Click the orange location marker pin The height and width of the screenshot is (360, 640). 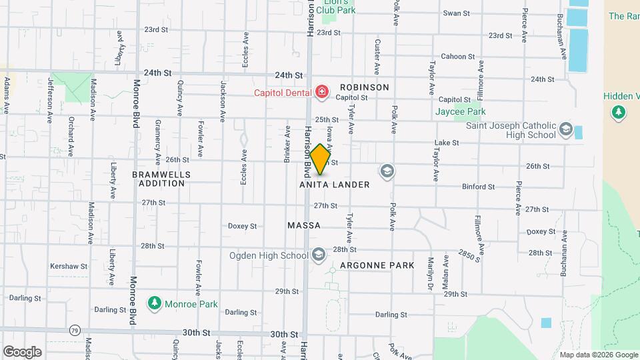pyautogui.click(x=321, y=159)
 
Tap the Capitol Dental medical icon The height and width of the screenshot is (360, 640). pyautogui.click(x=322, y=91)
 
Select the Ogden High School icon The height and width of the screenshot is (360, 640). pyautogui.click(x=319, y=255)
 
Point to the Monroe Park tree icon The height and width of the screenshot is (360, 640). pyautogui.click(x=155, y=303)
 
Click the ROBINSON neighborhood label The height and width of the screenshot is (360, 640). pyautogui.click(x=364, y=87)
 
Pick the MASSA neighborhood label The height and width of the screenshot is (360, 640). pyautogui.click(x=304, y=226)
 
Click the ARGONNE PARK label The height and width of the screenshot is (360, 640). pyautogui.click(x=377, y=265)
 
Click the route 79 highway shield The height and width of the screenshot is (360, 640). pyautogui.click(x=75, y=330)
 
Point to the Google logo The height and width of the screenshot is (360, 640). pyautogui.click(x=22, y=351)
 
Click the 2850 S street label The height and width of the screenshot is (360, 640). pyautogui.click(x=469, y=255)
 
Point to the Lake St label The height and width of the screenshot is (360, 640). pyautogui.click(x=447, y=143)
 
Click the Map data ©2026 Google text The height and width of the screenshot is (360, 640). pyautogui.click(x=598, y=355)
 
